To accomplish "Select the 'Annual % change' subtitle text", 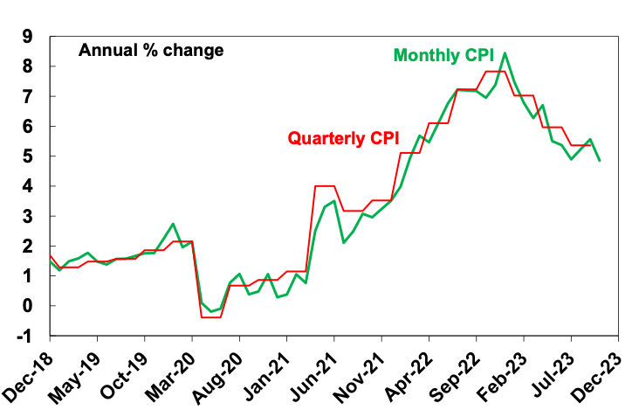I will pos(151,50).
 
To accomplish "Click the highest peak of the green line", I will pos(505,53).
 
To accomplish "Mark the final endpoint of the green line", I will pos(600,161).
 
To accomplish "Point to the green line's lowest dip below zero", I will pos(210,312).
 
